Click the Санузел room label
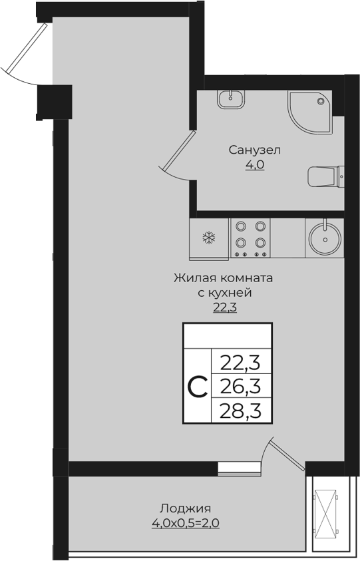pyautogui.click(x=255, y=150)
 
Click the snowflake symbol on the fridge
pyautogui.click(x=208, y=238)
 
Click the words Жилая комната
pyautogui.click(x=224, y=278)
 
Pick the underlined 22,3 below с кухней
pyautogui.click(x=225, y=307)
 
